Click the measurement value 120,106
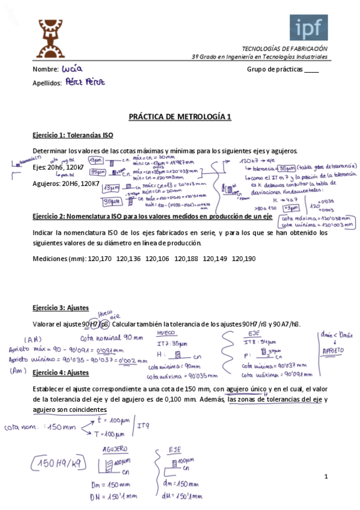157,259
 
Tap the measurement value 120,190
243,259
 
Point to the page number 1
325,477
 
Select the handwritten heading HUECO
166,333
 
